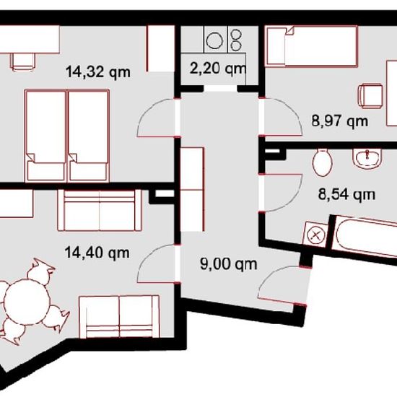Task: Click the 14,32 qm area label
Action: click(x=98, y=72)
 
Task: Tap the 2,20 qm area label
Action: click(x=218, y=69)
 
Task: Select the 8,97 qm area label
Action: click(x=340, y=121)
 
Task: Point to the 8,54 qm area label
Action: click(x=346, y=195)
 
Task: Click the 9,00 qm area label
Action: click(x=229, y=264)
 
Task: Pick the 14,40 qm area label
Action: click(x=97, y=253)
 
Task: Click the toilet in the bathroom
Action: click(x=323, y=162)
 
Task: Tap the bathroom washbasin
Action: click(x=367, y=159)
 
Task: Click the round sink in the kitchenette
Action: click(x=214, y=41)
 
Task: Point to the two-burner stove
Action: click(x=237, y=39)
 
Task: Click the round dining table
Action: click(x=27, y=302)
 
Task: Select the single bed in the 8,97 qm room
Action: click(x=311, y=46)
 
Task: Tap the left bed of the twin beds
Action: click(x=45, y=136)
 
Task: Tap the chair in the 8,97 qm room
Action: click(x=370, y=97)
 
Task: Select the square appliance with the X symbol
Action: click(x=315, y=235)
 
